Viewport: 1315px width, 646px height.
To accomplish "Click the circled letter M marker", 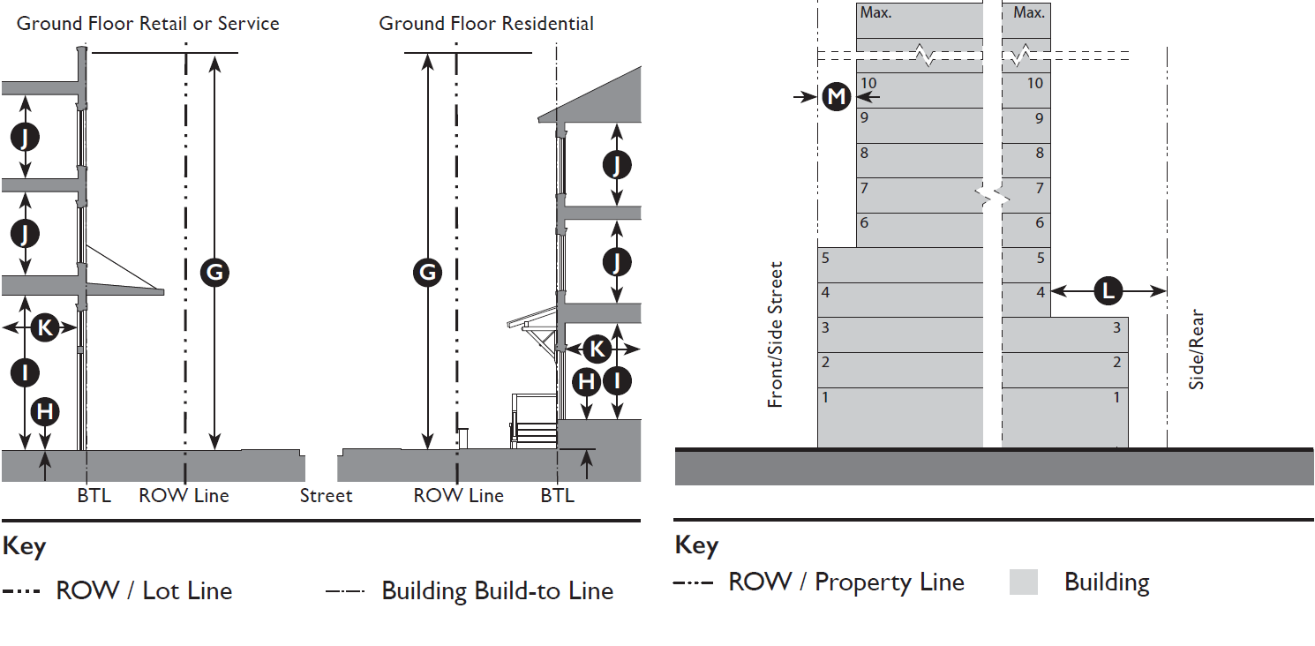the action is (836, 95).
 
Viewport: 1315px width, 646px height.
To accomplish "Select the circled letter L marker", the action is (1108, 289).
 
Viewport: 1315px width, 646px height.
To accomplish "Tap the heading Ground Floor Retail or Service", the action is (148, 24).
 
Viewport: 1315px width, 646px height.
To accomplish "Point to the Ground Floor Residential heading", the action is (486, 24).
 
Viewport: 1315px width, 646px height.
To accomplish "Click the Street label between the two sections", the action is (326, 496).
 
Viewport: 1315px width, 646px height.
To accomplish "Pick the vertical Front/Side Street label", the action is (776, 334).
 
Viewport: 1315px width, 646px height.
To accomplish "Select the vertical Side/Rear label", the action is (1197, 349).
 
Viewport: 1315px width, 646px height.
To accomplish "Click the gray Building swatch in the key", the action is (1024, 582).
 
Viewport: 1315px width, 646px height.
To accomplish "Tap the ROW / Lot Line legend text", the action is (144, 590).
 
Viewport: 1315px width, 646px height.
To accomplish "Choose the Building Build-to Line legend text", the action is (497, 590).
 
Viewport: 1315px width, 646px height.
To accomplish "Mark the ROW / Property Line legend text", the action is (845, 582).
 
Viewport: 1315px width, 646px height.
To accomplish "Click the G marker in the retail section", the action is (214, 273).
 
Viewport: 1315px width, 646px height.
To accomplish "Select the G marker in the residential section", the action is (427, 273).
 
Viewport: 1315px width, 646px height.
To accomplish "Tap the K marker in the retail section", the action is (43, 328).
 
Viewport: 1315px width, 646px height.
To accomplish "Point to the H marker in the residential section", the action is (587, 381).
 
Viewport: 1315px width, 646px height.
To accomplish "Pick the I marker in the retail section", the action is (25, 372).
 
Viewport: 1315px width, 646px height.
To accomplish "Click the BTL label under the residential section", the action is (557, 496).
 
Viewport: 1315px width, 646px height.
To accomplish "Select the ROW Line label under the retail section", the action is (184, 496).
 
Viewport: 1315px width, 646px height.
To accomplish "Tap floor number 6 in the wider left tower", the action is (864, 223).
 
